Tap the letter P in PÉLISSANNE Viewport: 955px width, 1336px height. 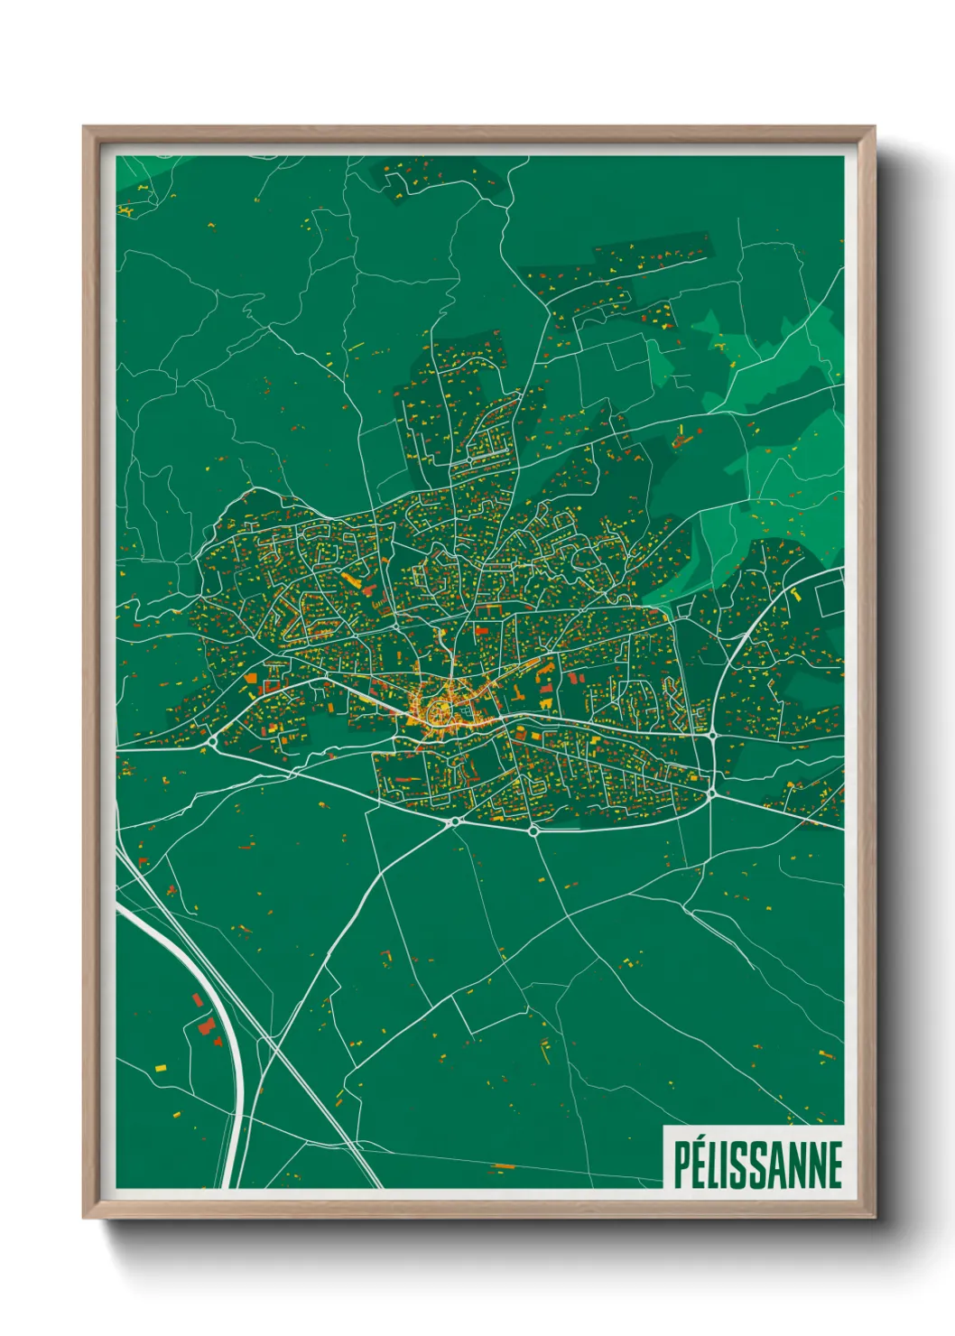pos(682,1165)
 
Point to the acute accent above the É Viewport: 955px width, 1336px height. pos(703,1140)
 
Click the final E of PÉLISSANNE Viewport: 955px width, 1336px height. pos(834,1165)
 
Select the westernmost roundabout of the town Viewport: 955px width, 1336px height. pos(212,741)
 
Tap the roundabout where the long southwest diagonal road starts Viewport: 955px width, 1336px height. pos(454,821)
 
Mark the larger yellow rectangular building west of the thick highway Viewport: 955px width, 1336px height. pos(161,1069)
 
